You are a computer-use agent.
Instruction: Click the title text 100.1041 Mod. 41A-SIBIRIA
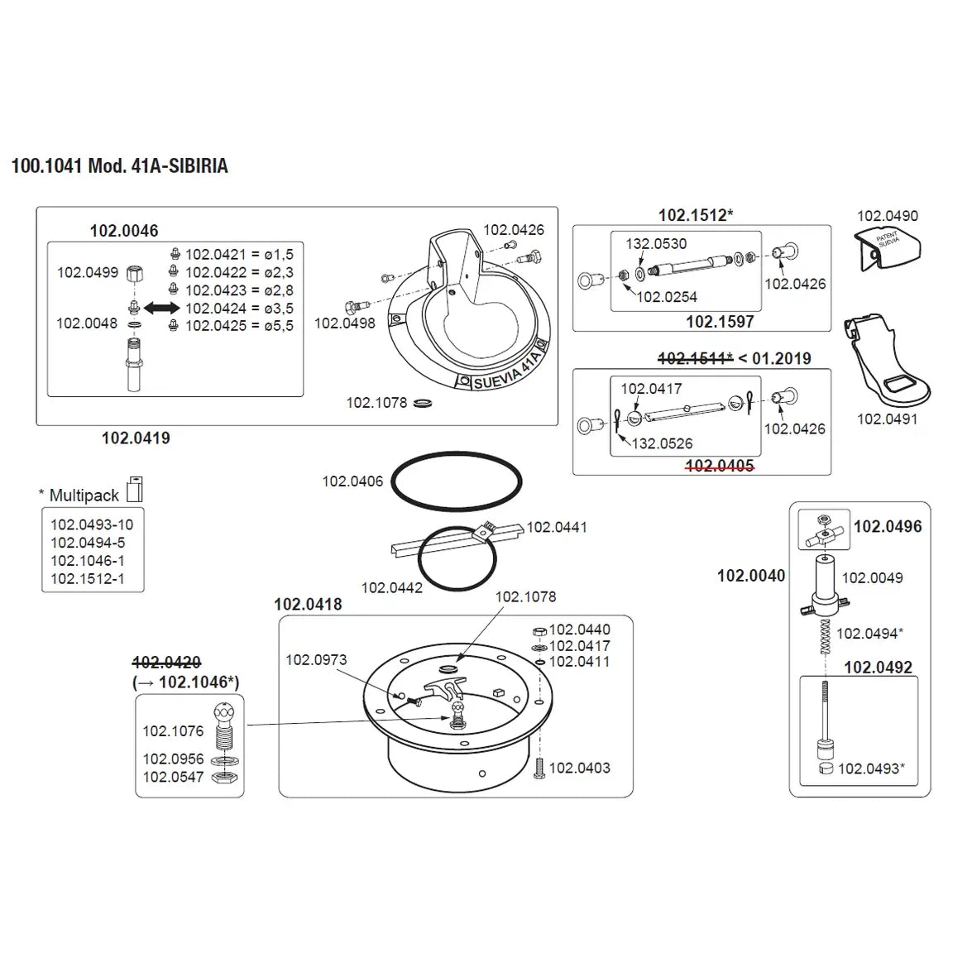coord(119,166)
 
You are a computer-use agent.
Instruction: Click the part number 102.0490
coord(887,216)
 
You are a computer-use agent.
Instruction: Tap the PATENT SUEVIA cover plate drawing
coord(888,248)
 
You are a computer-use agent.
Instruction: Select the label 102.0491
coord(887,419)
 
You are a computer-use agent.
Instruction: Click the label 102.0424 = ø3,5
coord(239,308)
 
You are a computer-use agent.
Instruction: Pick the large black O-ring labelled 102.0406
coord(456,481)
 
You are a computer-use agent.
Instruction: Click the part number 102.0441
coord(557,527)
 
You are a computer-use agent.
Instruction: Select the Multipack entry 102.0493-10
coord(92,524)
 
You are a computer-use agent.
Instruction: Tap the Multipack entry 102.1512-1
coord(88,578)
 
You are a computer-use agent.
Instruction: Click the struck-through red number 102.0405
coord(720,466)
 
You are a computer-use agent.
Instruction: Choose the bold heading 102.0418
coord(308,605)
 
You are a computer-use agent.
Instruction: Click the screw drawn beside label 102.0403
coord(539,767)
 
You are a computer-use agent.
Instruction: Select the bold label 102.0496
coord(887,527)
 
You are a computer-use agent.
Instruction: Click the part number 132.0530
coord(656,244)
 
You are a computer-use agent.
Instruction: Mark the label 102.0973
coord(316,659)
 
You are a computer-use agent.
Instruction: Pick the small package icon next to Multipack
coord(135,489)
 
